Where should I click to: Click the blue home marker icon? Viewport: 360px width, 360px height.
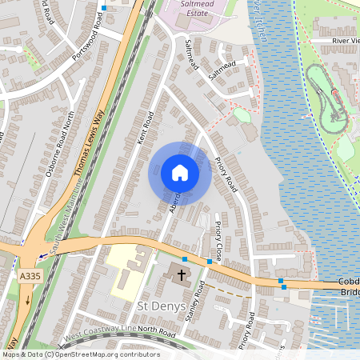click(179, 173)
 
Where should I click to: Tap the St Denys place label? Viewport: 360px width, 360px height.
click(162, 306)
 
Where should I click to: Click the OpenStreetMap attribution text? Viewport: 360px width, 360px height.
click(80, 354)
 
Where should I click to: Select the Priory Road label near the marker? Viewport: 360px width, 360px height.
click(226, 173)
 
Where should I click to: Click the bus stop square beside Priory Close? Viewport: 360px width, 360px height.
click(210, 262)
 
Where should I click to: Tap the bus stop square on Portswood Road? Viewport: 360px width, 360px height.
click(103, 8)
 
